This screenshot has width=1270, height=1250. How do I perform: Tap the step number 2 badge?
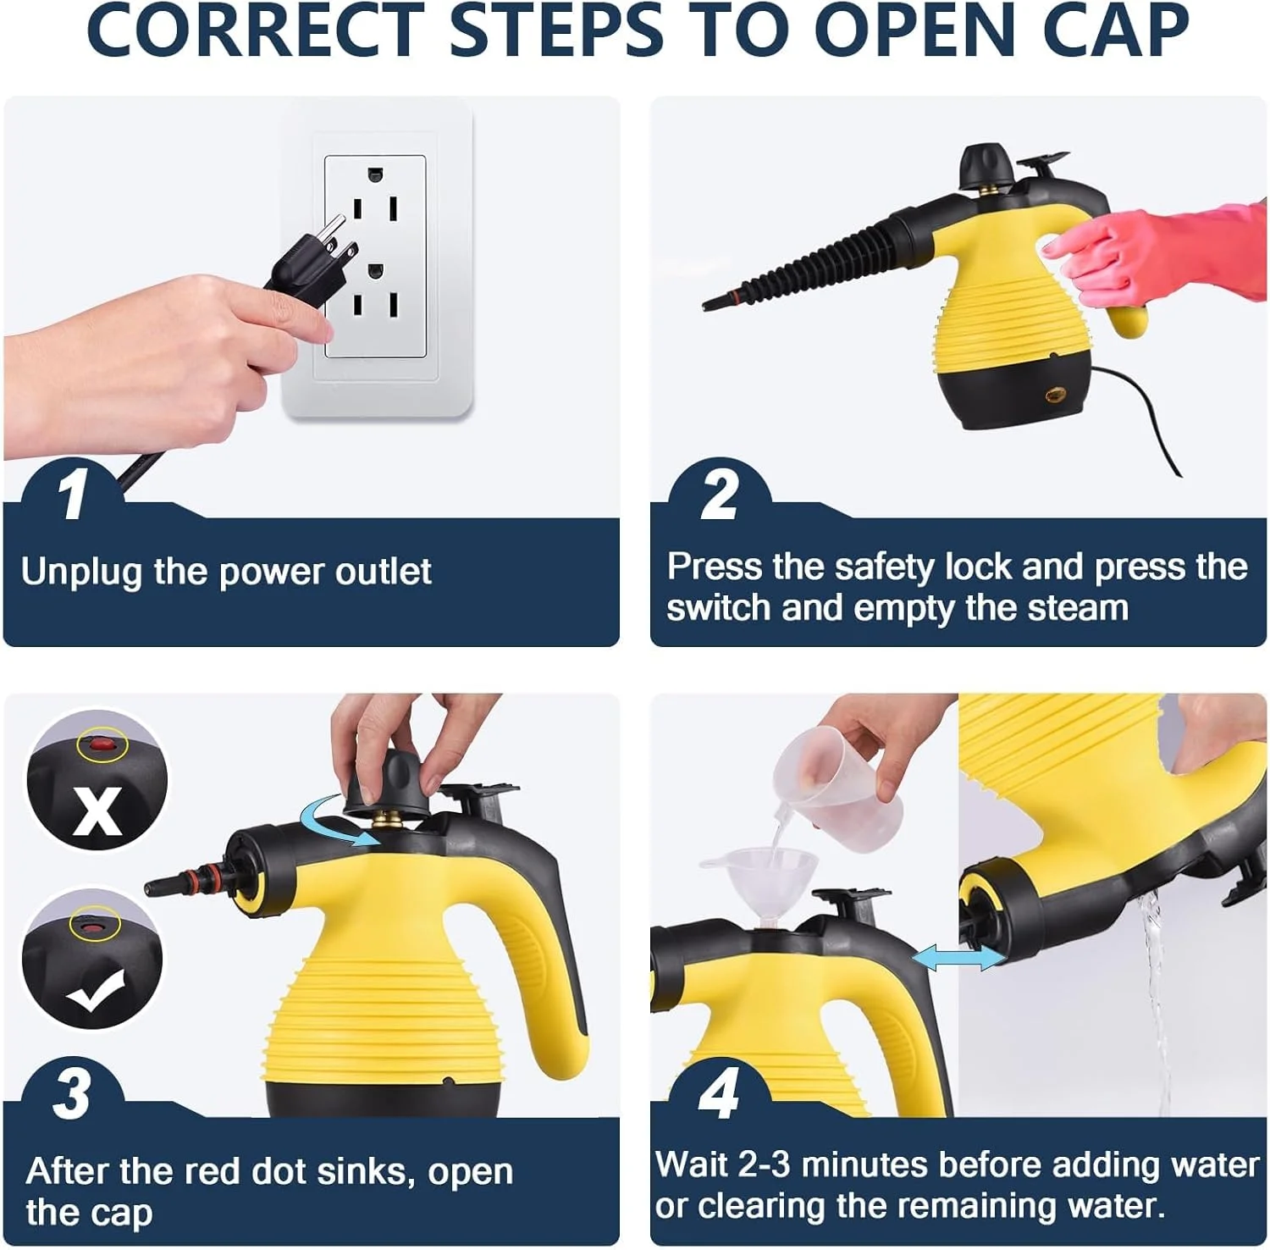point(719,495)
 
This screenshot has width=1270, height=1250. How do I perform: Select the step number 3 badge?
point(71,1093)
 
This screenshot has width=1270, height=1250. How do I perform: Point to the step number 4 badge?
point(719,1093)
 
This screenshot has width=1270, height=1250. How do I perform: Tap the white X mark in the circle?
point(97,810)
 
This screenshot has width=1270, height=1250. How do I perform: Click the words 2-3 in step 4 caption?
point(764,1165)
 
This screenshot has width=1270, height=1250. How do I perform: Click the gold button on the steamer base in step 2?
point(1055,395)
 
